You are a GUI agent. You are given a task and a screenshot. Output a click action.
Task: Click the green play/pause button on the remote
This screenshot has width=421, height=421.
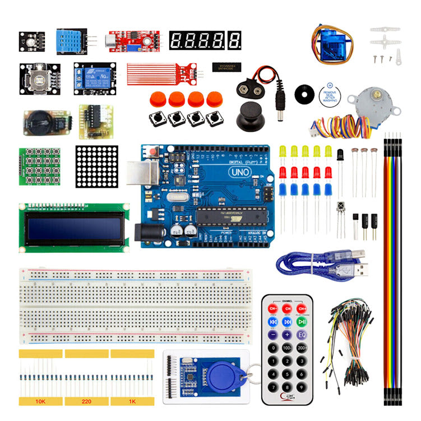pos(302,322)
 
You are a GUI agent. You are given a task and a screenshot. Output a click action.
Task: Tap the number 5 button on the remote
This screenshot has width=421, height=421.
pos(287,362)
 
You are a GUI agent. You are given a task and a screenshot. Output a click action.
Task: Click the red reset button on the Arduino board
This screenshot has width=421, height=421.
pos(151,152)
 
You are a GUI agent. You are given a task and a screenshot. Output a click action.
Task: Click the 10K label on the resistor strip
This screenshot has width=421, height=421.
pos(40,401)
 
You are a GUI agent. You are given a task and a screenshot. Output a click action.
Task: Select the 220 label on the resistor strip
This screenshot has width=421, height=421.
pos(86,401)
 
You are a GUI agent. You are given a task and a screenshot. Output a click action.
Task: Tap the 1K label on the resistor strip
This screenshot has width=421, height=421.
pos(132,401)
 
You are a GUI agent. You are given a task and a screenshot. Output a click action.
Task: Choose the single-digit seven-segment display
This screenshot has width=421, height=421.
pos(236,40)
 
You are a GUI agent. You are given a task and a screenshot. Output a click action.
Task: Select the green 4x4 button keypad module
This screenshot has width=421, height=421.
pos(40,166)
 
